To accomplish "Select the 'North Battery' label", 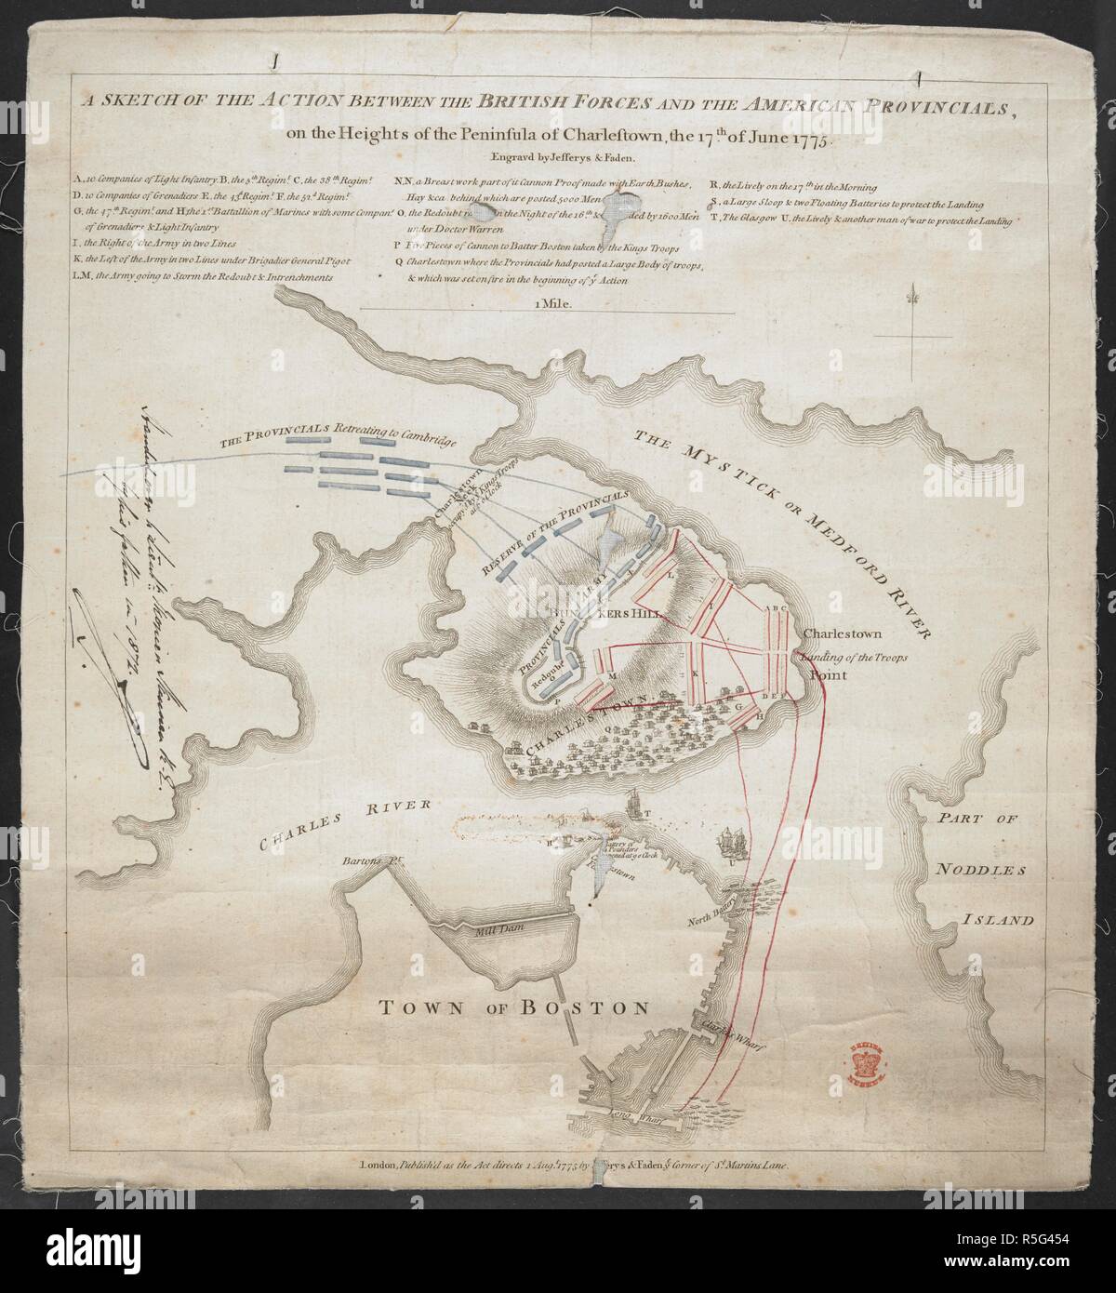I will click(711, 895).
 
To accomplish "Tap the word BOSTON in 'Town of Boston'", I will click(582, 1006).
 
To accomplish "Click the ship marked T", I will click(632, 801).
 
